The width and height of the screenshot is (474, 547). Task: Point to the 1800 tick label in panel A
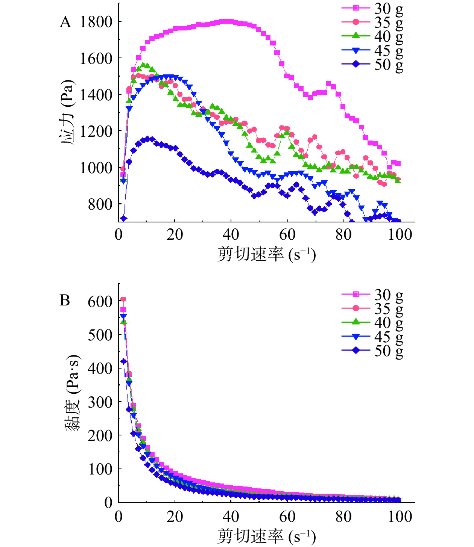(96, 22)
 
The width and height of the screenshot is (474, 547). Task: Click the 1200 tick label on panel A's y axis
(96, 131)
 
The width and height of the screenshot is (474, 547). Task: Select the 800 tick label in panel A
(100, 204)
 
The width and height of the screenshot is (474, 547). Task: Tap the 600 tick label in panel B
(100, 301)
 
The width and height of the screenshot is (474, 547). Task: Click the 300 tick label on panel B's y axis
(100, 402)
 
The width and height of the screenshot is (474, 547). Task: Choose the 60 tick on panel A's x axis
(287, 235)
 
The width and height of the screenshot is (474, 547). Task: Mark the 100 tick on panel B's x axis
(400, 517)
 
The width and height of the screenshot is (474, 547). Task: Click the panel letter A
(65, 22)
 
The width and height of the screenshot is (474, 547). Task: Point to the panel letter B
(65, 301)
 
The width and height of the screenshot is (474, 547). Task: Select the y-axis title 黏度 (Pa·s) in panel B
(72, 393)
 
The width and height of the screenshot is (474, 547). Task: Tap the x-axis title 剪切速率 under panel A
(266, 255)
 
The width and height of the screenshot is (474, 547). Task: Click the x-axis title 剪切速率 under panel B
(266, 536)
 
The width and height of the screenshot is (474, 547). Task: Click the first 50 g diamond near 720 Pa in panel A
(123, 218)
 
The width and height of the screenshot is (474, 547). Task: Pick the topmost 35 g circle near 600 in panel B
(123, 299)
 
